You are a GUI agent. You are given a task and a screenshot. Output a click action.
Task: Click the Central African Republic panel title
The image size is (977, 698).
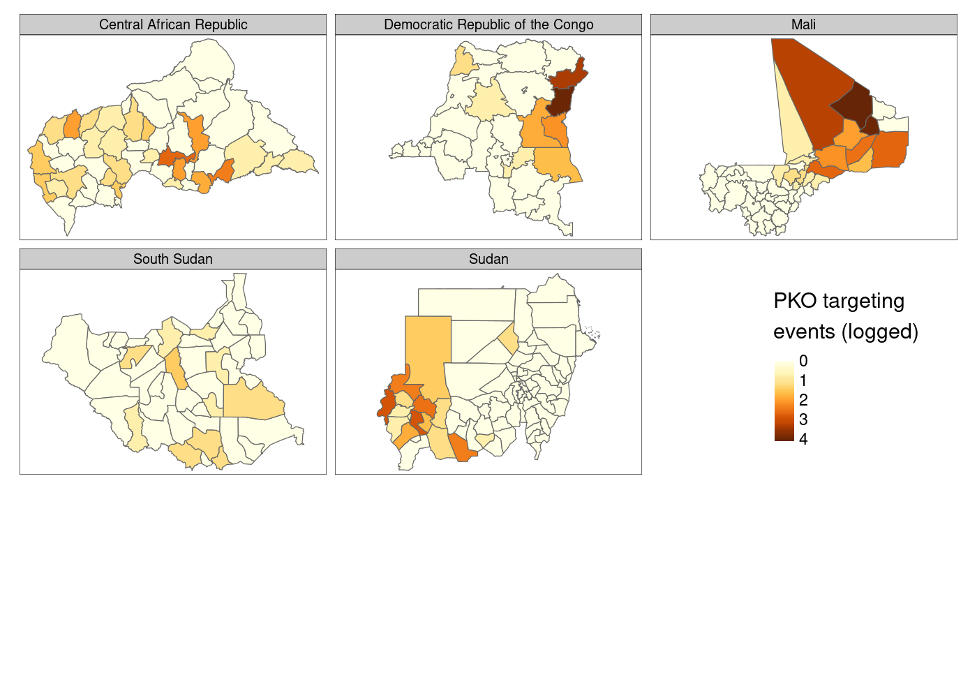173,24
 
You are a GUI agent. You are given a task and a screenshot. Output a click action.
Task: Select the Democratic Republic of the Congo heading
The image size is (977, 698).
488,24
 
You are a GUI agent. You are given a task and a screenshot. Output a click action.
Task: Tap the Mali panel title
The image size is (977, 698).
803,24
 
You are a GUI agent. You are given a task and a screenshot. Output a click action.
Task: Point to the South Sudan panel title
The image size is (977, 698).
173,259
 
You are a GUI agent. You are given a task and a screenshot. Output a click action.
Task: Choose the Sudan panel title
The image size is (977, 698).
488,259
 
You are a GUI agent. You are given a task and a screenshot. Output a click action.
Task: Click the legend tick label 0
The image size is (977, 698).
803,361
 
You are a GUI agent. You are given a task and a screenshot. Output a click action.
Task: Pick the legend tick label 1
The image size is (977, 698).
803,380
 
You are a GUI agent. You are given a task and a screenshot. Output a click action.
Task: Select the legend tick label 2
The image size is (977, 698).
803,400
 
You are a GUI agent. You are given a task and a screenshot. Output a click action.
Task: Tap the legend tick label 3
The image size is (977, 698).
803,419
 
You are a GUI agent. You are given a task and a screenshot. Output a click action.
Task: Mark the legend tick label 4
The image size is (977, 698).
803,439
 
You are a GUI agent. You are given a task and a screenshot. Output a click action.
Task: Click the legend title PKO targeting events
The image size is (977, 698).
839,301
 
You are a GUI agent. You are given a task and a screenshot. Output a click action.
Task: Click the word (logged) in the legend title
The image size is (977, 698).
880,332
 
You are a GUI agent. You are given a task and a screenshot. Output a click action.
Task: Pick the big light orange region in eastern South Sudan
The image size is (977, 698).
255,401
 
